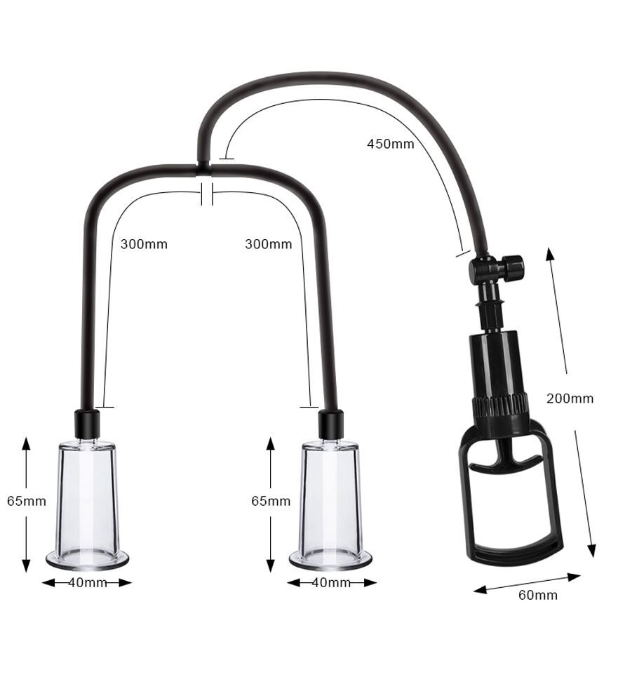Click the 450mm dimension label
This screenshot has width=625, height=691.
tap(391, 145)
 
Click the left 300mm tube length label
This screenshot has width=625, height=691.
tap(144, 245)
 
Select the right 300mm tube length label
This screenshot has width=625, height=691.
tap(268, 245)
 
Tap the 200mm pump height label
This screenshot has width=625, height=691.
tap(570, 398)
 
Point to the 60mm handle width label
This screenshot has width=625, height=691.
tap(538, 596)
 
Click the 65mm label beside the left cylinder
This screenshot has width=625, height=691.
tap(27, 502)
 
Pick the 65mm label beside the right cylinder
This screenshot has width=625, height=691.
tap(271, 502)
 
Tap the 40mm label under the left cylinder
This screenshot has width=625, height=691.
tap(88, 583)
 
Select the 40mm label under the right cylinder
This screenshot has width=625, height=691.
tap(330, 583)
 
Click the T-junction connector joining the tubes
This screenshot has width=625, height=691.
tap(202, 168)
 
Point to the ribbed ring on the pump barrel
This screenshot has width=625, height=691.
tap(499, 407)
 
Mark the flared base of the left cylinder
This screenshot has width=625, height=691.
tap(88, 559)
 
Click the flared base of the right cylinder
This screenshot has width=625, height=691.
tap(330, 559)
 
